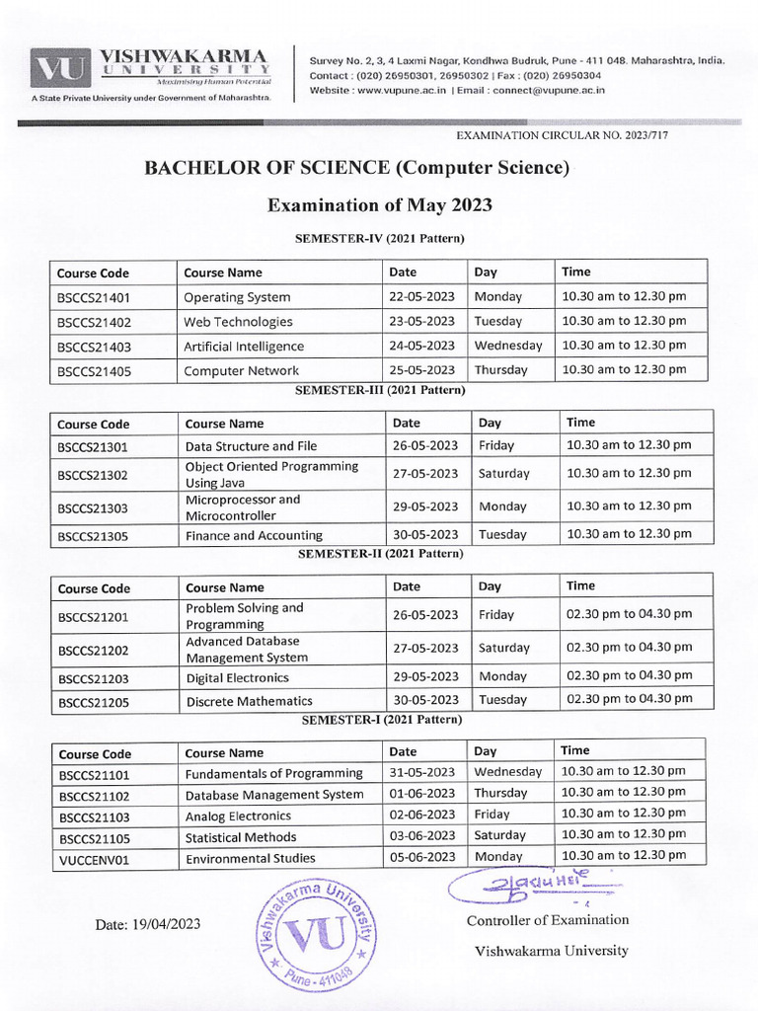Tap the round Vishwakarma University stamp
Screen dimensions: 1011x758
pos(316,932)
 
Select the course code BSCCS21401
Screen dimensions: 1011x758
pos(94,297)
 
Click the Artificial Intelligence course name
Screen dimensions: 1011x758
pos(243,347)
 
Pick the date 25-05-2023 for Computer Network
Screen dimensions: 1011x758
pos(421,370)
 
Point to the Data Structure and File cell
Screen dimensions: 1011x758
pos(251,446)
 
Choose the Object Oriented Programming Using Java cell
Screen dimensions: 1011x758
pos(271,474)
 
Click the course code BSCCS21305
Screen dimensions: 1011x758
pos(94,536)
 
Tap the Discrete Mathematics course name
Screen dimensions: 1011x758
pos(249,701)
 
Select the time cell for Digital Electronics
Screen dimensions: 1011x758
pos(629,676)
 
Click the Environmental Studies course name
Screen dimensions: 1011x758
pos(251,858)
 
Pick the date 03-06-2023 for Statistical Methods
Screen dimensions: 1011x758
pos(422,835)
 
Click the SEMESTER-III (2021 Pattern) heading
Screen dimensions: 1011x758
pos(380,390)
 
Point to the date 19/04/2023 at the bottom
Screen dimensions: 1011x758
pos(148,924)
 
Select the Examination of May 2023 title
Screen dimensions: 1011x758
pos(380,205)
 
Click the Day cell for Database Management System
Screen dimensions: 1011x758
pos(500,793)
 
